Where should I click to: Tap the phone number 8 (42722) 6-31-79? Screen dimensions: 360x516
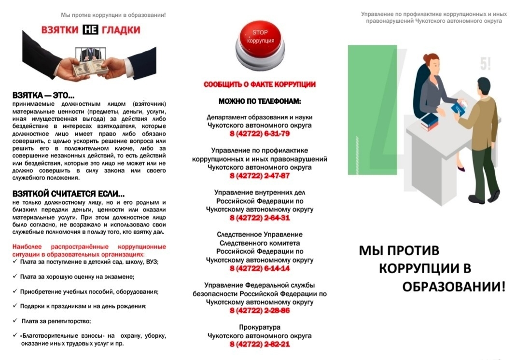[x=260, y=134]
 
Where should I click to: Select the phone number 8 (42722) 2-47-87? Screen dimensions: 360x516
[x=260, y=176]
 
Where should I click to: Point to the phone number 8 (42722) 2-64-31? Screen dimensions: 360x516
[x=260, y=218]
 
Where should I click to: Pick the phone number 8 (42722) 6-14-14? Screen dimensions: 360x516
[x=260, y=268]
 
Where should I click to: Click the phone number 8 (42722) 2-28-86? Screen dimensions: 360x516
[x=260, y=310]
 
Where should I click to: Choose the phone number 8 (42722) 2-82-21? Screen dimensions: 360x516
[x=260, y=344]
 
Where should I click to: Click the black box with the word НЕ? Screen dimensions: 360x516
[x=90, y=30]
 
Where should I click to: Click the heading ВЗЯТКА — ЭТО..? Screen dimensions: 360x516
[x=43, y=96]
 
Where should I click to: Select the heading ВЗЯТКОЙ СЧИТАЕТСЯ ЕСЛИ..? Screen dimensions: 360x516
[x=69, y=194]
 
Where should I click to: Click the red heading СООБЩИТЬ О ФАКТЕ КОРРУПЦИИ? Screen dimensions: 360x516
[x=260, y=84]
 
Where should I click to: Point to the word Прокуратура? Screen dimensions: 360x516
[x=260, y=327]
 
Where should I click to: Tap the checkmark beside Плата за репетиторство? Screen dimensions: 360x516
[x=15, y=320]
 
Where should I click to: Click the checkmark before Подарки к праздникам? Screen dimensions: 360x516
[x=15, y=306]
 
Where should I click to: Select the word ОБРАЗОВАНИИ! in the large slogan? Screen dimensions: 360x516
[x=454, y=287]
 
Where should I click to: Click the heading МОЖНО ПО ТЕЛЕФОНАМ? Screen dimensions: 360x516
[x=260, y=102]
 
